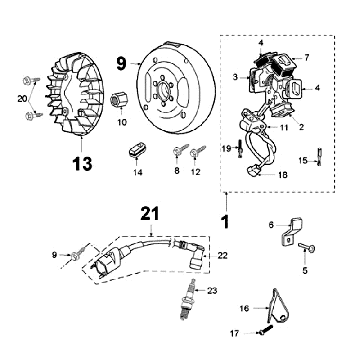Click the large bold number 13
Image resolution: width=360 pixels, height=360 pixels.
[82, 163]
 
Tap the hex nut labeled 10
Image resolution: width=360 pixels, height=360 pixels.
[119, 99]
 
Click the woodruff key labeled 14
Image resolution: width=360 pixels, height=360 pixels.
[137, 149]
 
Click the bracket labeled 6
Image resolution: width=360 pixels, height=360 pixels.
[292, 230]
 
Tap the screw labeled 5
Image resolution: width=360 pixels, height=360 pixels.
[307, 247]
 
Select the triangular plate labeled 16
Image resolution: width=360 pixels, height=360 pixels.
[280, 307]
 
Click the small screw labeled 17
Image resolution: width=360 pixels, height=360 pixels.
[265, 330]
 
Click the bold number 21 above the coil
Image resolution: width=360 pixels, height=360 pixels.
[150, 214]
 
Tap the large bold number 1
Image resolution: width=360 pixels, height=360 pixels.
[226, 221]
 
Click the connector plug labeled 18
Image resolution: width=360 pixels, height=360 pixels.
[252, 171]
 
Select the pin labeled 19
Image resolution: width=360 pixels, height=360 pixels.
[240, 148]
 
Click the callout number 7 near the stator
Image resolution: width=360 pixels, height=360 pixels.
[307, 58]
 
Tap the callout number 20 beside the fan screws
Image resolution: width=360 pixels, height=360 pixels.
[22, 99]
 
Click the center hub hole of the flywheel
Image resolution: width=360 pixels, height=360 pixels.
[163, 89]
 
